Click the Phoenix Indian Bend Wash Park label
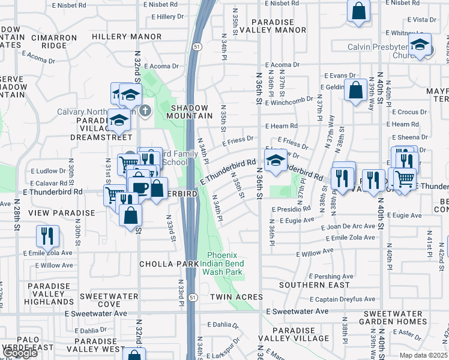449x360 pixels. pyautogui.click(x=225, y=263)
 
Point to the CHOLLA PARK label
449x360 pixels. pyautogui.click(x=160, y=264)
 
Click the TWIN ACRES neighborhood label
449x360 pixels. pyautogui.click(x=236, y=297)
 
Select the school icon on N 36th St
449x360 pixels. pyautogui.click(x=275, y=160)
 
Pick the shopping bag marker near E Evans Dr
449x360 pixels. pyautogui.click(x=356, y=90)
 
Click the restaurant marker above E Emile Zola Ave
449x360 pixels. pyautogui.click(x=47, y=235)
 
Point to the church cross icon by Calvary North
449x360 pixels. pyautogui.click(x=145, y=111)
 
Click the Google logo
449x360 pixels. pyautogui.click(x=20, y=353)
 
